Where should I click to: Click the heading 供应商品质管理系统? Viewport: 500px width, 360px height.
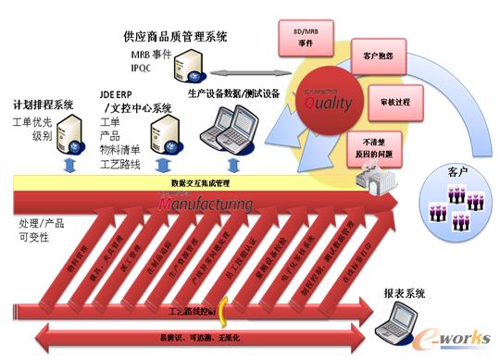175,36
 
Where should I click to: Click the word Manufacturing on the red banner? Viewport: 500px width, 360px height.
209,201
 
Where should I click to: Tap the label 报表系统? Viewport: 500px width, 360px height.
404,293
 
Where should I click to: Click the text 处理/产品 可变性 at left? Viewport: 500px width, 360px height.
42,232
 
